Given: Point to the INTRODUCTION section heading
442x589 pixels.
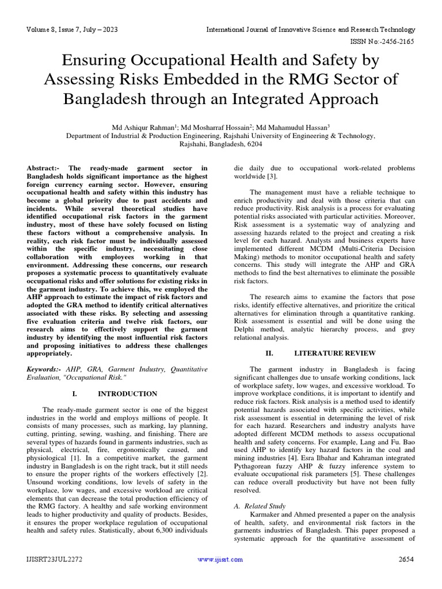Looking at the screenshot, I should pyautogui.click(x=127, y=393).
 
